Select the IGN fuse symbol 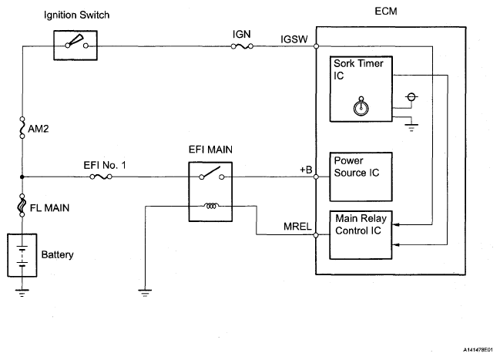tap(241, 46)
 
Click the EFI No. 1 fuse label tap(101, 165)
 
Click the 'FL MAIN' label tap(48, 208)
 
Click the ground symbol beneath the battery tap(23, 291)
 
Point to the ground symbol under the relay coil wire tap(144, 291)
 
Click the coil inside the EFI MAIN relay tap(211, 206)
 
